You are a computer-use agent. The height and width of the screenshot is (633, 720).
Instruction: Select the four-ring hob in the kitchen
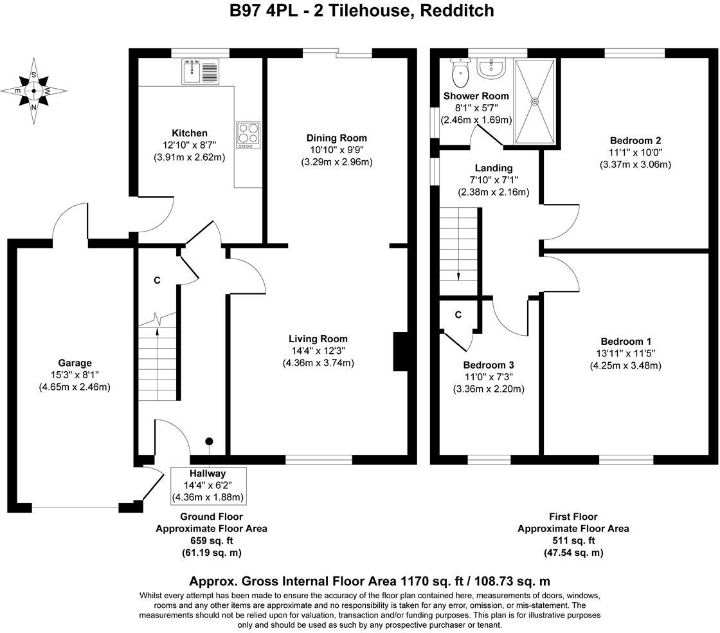tap(248, 136)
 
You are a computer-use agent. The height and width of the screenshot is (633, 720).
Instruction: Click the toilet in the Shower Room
tap(461, 75)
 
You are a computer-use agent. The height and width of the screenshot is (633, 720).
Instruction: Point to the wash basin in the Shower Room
tap(493, 68)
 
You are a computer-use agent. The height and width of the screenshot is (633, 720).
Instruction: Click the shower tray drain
tap(534, 100)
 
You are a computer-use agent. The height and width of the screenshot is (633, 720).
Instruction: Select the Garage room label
tap(75, 363)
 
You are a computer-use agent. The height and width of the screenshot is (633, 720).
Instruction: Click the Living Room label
tap(318, 339)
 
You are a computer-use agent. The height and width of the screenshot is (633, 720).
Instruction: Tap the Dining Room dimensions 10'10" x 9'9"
tap(336, 150)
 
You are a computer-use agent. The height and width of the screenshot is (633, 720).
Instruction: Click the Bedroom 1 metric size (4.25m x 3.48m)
tap(625, 365)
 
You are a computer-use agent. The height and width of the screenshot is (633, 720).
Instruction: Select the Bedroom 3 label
tap(489, 365)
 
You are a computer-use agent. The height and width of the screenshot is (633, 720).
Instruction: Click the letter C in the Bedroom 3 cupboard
tap(458, 315)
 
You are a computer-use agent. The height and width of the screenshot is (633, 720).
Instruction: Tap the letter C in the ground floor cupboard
tap(157, 280)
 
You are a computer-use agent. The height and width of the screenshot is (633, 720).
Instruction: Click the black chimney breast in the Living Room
tap(401, 352)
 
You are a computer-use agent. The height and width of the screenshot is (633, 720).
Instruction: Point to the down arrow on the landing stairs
tap(458, 275)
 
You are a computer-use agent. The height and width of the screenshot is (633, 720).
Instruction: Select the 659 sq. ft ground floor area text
tap(211, 540)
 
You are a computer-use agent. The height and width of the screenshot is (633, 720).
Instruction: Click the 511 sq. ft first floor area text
tap(573, 540)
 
